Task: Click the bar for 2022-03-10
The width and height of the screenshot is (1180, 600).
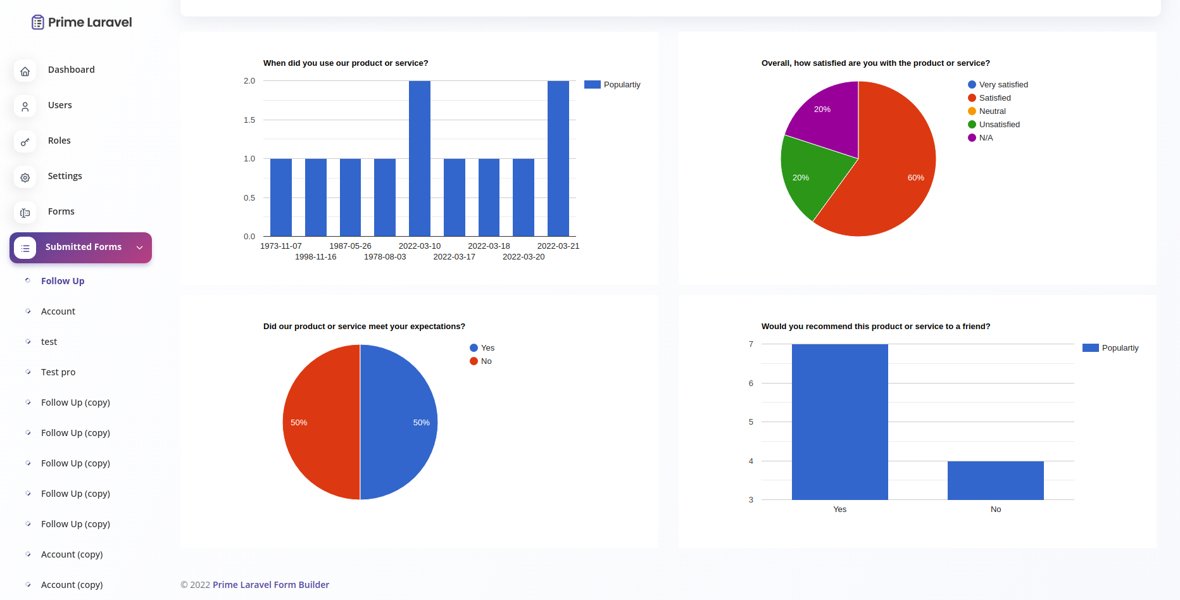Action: pyautogui.click(x=420, y=158)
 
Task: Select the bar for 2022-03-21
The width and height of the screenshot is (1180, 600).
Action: pyautogui.click(x=558, y=158)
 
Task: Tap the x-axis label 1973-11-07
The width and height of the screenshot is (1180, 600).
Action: pyautogui.click(x=281, y=246)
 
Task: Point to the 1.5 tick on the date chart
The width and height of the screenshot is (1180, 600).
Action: pyautogui.click(x=249, y=120)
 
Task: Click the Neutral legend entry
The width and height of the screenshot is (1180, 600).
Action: pyautogui.click(x=992, y=111)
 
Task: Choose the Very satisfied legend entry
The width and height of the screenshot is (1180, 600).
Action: pyautogui.click(x=1003, y=85)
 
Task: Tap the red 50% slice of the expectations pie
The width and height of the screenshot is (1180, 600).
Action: pyautogui.click(x=320, y=422)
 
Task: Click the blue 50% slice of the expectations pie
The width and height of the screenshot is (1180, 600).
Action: pyautogui.click(x=399, y=422)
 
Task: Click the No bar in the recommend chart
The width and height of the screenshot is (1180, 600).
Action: pyautogui.click(x=995, y=480)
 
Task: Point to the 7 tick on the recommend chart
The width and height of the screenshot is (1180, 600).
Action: pyautogui.click(x=751, y=344)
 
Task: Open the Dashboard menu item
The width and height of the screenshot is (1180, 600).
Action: pyautogui.click(x=71, y=70)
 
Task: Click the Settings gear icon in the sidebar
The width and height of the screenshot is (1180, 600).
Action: pyautogui.click(x=25, y=178)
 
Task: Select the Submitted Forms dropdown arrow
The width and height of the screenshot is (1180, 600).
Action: pyautogui.click(x=140, y=247)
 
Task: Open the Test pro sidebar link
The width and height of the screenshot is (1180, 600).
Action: pyautogui.click(x=58, y=372)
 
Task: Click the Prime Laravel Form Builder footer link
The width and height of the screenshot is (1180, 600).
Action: pyautogui.click(x=271, y=585)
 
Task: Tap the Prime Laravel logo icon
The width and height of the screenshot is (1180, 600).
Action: pyautogui.click(x=38, y=22)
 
